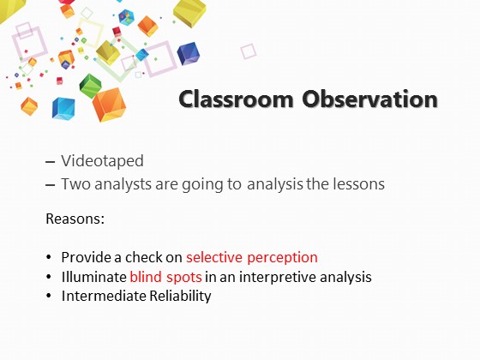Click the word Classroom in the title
coord(236,99)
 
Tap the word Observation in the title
coord(369,99)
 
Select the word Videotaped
coord(102,161)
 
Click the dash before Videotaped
coord(50,162)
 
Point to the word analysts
coord(123,184)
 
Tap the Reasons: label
coord(75,219)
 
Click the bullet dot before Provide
coord(49,257)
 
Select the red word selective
coord(214,257)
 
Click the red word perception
coord(282,258)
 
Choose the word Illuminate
coord(94,277)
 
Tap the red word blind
coord(146,277)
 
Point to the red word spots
coord(183,278)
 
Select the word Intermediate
coord(104,296)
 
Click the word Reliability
coord(180,297)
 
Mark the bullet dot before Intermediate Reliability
coord(49,296)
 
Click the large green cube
coord(90,86)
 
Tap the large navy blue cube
coord(189,54)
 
